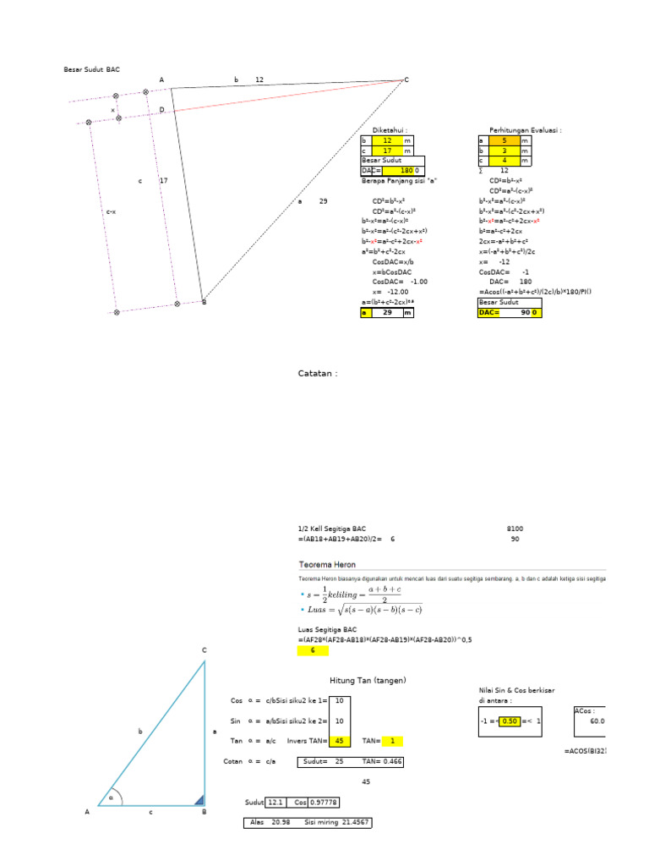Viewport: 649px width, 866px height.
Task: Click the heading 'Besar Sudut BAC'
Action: pos(92,69)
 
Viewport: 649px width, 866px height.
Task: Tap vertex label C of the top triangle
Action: pos(406,79)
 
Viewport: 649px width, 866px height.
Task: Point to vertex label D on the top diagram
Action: pos(161,110)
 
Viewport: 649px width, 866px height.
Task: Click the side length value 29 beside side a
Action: pos(323,201)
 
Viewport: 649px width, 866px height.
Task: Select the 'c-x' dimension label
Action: pos(111,211)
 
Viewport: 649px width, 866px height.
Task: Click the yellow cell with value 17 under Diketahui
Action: pos(387,151)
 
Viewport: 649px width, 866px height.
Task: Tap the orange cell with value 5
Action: pos(504,141)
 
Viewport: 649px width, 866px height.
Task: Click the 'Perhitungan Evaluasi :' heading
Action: pos(525,130)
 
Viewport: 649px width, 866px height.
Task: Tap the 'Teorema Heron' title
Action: pos(327,564)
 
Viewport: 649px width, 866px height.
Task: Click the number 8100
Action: pos(515,528)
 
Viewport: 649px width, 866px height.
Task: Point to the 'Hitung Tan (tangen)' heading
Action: pos(368,680)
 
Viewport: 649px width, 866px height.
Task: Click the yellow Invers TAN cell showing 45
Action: pos(340,741)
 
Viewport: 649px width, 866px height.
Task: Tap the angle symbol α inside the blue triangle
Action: pos(110,796)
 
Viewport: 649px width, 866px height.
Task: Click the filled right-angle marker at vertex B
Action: pos(199,800)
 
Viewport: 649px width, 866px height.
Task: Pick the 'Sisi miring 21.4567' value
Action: pos(337,822)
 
